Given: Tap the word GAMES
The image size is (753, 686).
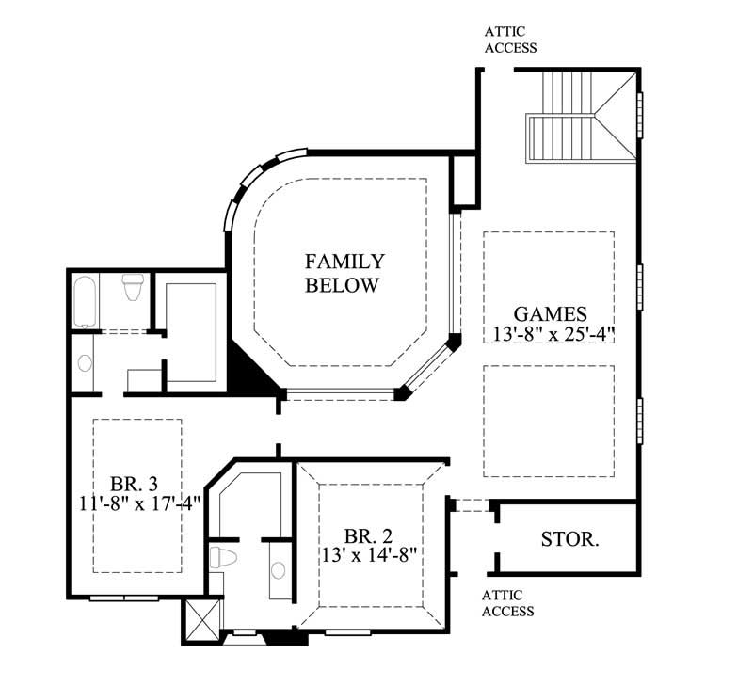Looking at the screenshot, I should pos(551,314).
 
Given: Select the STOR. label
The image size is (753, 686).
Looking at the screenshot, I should pos(569,540).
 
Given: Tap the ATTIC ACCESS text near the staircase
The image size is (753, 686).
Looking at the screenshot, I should pos(510,40).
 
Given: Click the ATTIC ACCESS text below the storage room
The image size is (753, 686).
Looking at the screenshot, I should pos(507,603).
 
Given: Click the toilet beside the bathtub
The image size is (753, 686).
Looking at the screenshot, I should pos(133,286).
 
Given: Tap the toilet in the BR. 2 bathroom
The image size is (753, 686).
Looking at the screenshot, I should pos(221,556).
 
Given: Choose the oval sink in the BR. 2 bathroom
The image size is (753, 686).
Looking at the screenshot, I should pos(278,569).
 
